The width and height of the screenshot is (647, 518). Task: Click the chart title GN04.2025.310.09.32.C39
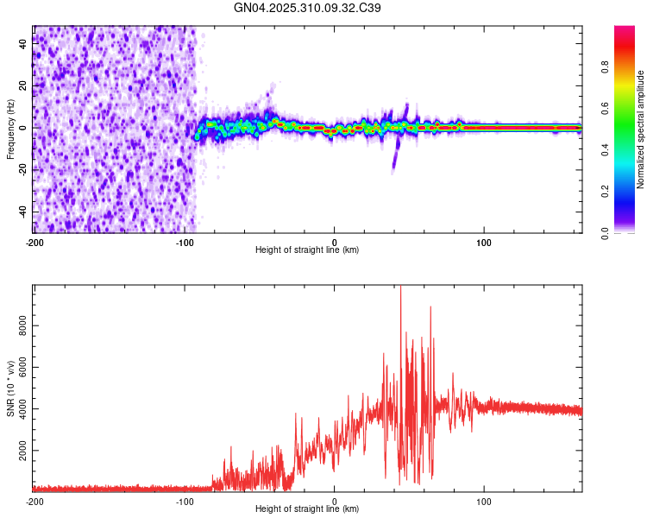[308, 8]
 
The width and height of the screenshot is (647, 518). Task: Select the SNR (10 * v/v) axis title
[10, 388]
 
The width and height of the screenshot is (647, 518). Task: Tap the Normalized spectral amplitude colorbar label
[641, 129]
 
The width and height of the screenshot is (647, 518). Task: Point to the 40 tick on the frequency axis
[22, 44]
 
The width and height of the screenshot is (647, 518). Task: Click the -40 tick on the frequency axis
[21, 212]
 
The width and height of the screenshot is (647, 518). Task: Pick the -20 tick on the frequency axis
[21, 170]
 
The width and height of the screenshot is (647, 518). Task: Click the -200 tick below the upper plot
[35, 242]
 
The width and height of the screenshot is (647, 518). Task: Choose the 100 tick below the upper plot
[484, 242]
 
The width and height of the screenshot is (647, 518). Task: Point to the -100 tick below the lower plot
[185, 501]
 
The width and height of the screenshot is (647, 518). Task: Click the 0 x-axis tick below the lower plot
[335, 501]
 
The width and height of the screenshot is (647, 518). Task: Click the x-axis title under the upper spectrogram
[307, 250]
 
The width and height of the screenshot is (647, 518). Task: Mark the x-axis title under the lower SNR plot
[307, 509]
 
